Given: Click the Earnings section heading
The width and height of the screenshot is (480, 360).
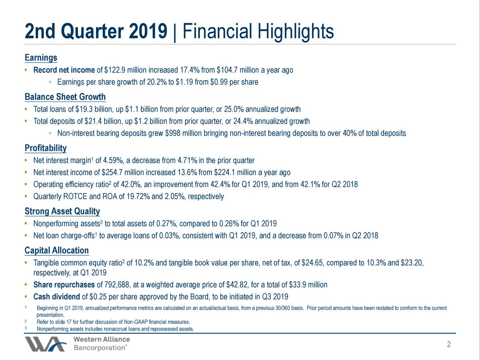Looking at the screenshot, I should pos(41,58).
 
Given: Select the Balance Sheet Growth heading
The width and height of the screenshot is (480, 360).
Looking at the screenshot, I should pos(65,97).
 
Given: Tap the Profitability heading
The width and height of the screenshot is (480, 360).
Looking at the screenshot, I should pos(45,148).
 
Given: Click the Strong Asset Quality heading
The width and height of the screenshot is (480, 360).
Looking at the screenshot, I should pos(62,211).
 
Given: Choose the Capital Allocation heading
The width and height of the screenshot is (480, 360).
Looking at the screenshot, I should pos(57,250).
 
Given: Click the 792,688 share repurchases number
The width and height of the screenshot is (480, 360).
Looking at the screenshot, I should pos(118,285).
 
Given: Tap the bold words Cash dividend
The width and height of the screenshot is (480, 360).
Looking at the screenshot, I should pos(57,297).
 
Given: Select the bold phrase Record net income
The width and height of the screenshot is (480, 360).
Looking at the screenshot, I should pos(64,70).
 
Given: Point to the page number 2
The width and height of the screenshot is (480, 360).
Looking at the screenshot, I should pos(448,345).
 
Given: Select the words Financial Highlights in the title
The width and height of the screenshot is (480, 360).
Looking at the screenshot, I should pos(258,31).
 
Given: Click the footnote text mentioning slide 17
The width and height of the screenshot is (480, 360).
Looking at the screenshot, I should pos(112,322).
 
